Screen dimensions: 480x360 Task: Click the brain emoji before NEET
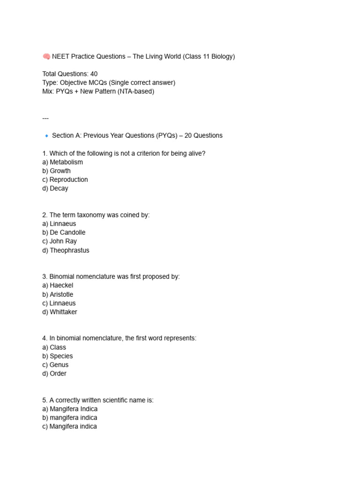(x=46, y=57)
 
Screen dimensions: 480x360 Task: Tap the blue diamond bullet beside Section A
(x=46, y=136)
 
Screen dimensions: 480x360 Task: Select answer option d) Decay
(x=55, y=188)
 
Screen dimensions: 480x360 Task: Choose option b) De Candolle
(x=64, y=232)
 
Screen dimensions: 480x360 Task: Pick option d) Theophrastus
(x=66, y=250)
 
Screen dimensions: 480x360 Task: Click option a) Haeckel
(x=58, y=285)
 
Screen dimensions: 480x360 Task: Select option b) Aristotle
(x=58, y=294)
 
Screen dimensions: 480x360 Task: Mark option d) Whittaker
(x=60, y=312)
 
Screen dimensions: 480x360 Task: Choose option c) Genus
(x=55, y=365)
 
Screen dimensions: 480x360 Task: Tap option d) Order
(x=54, y=374)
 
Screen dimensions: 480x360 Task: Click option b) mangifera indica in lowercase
(x=70, y=418)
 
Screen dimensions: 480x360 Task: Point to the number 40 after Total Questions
(x=94, y=74)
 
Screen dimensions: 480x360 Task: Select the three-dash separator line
(x=45, y=118)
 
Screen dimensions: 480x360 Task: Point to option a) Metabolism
(x=62, y=162)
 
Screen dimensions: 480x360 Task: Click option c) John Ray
(x=60, y=241)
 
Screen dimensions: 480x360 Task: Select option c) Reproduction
(x=65, y=180)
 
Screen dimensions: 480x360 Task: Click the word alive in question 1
(x=195, y=153)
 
